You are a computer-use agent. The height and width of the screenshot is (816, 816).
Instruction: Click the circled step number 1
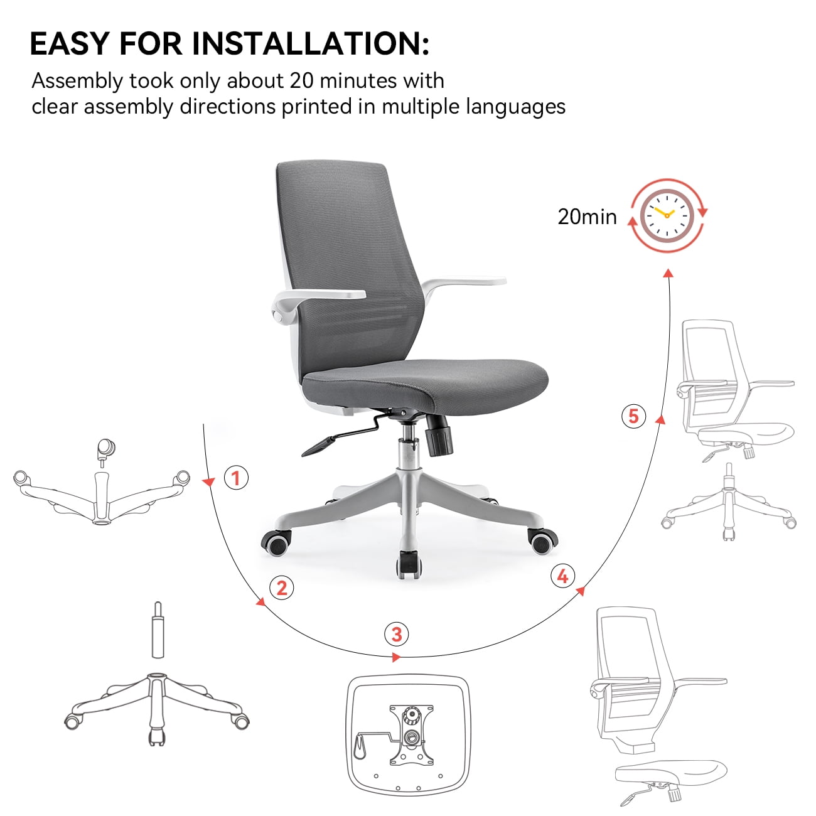[x=236, y=478]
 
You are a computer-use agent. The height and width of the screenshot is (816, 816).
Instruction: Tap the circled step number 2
[x=282, y=588]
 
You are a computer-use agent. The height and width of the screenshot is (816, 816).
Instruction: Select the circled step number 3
[x=397, y=634]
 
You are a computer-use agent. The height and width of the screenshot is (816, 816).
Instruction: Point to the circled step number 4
[x=562, y=576]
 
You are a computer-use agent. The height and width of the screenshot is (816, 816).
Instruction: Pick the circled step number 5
[x=633, y=416]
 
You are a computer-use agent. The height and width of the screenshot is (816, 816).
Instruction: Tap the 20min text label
[x=587, y=217]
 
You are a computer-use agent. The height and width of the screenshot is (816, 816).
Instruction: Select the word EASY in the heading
[x=70, y=44]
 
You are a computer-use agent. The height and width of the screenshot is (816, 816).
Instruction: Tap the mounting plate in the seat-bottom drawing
[x=411, y=734]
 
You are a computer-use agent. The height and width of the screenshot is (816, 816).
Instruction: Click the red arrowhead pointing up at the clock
[x=669, y=273]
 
